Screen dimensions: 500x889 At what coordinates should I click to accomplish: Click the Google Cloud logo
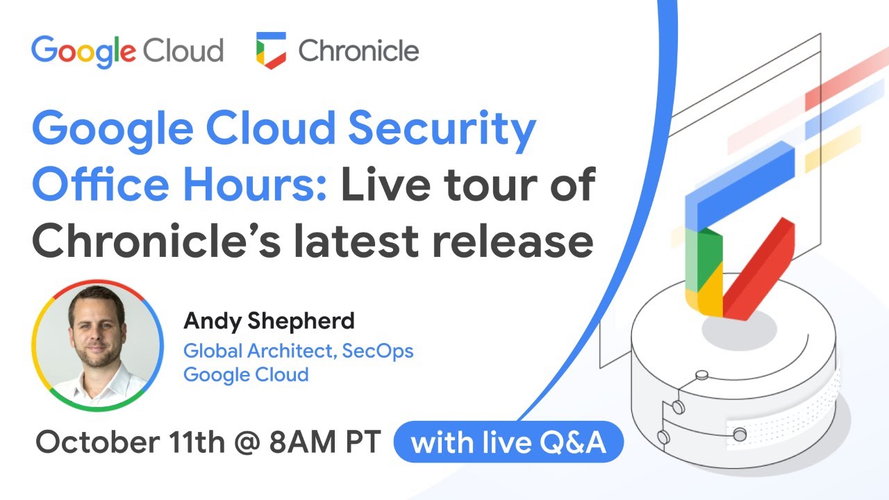[x=127, y=51]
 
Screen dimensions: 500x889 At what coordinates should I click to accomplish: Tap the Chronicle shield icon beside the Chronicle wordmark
[x=271, y=51]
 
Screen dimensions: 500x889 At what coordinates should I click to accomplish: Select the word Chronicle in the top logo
[x=358, y=51]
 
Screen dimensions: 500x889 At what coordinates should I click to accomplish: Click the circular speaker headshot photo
[x=97, y=345]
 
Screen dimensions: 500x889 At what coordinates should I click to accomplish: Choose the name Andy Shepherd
[x=269, y=322]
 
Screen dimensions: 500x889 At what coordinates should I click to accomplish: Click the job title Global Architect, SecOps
[x=298, y=351]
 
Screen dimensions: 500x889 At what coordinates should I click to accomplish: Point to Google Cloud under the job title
[x=246, y=374]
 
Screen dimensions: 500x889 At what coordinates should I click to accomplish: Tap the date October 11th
[x=130, y=443]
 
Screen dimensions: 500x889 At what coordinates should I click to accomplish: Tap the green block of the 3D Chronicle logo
[x=704, y=257]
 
